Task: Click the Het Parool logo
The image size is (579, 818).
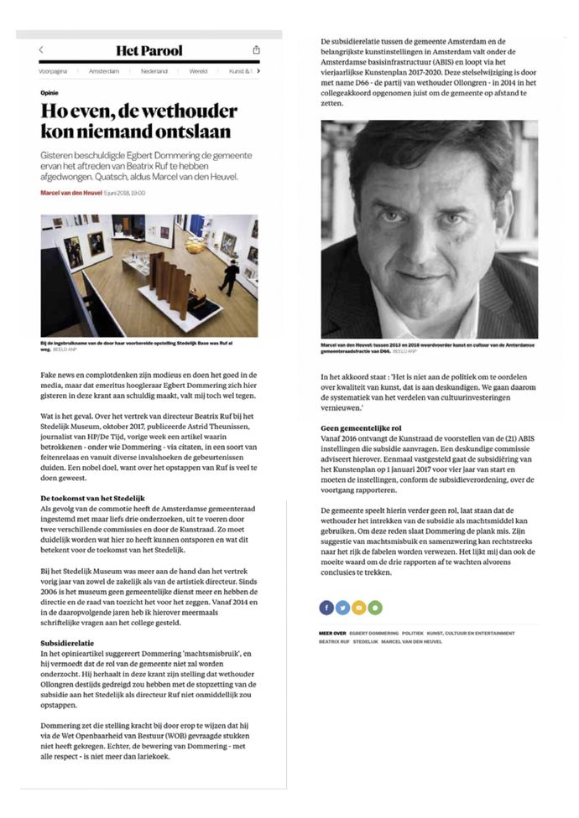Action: (x=149, y=51)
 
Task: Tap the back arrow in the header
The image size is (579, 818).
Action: (x=42, y=50)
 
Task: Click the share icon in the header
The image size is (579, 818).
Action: (x=256, y=50)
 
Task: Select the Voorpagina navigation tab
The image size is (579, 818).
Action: (x=54, y=72)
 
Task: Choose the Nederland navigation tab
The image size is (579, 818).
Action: (x=154, y=72)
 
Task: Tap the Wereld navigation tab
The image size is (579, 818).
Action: (x=198, y=72)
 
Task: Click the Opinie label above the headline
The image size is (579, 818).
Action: (x=50, y=93)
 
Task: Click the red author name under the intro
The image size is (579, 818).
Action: (x=71, y=193)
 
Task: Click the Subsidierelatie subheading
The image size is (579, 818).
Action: (x=66, y=643)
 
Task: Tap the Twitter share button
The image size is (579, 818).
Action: (x=342, y=607)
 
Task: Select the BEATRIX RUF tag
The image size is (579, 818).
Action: (x=335, y=642)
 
